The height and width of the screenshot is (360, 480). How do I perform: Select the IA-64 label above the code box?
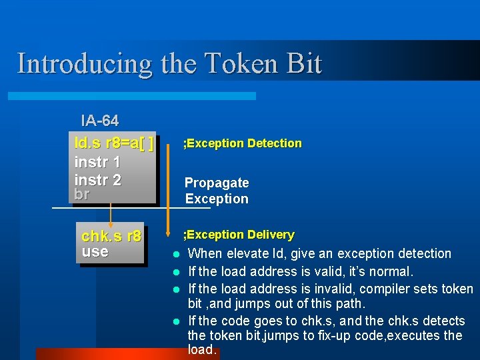99,121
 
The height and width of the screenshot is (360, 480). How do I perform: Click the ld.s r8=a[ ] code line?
114,143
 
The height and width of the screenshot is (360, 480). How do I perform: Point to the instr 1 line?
97,162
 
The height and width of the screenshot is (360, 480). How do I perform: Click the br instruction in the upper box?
82,194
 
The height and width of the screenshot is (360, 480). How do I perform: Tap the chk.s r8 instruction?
111,236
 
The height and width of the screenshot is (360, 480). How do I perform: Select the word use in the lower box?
95,251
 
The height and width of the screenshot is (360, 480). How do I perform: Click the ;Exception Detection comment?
243,143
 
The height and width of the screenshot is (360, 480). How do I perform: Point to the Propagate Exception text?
217,191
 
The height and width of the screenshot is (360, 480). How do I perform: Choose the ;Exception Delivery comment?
239,235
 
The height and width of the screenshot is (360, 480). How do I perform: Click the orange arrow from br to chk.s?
111,213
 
